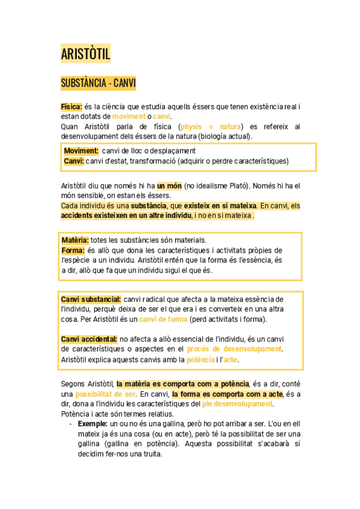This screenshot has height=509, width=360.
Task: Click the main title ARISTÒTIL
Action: (86, 55)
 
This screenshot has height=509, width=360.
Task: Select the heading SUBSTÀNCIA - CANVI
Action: (98, 83)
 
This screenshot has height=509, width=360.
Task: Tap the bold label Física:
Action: (71, 106)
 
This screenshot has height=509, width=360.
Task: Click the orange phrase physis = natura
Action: (212, 127)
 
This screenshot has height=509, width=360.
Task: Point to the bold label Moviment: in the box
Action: (82, 151)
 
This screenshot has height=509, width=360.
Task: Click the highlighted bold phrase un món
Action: (169, 186)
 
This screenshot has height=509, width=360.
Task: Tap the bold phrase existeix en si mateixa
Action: (220, 206)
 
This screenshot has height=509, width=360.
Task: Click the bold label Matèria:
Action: (75, 240)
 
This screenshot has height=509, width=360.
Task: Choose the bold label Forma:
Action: (73, 250)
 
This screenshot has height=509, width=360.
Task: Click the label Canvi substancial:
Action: (91, 300)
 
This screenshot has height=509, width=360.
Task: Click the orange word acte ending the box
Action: (230, 360)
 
